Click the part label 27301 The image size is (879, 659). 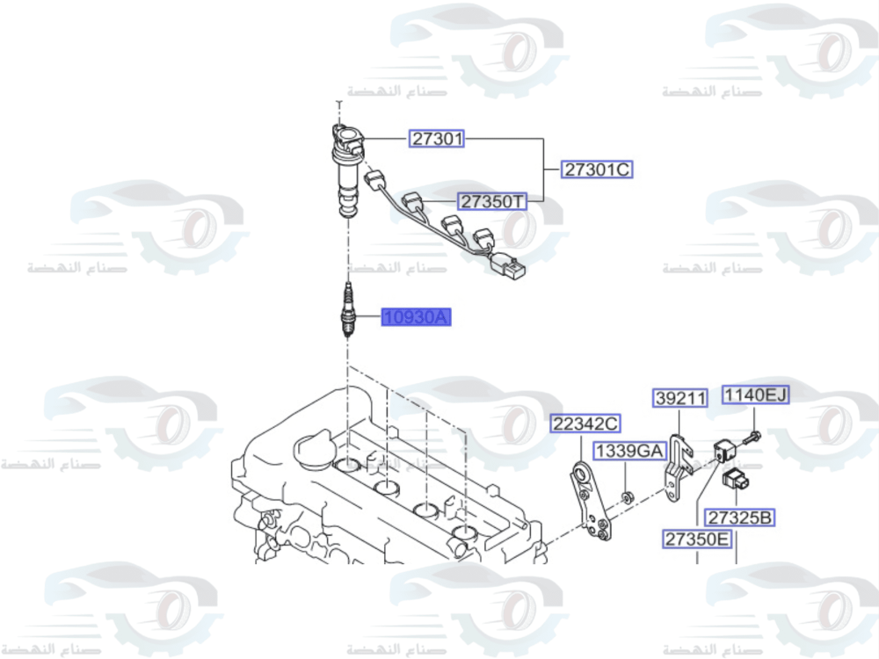[x=437, y=138]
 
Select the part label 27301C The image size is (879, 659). [x=598, y=170]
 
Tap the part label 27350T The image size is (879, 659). [x=492, y=201]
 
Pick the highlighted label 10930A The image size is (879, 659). [x=416, y=317]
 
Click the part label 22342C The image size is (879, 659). [x=585, y=424]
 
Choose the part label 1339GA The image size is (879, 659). [x=629, y=451]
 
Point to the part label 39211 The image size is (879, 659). [x=680, y=399]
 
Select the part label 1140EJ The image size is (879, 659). [x=755, y=395]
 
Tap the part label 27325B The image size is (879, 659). [x=740, y=518]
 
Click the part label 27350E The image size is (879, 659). [x=697, y=539]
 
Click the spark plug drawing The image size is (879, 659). [x=348, y=311]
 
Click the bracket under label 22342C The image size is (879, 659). [x=588, y=505]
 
